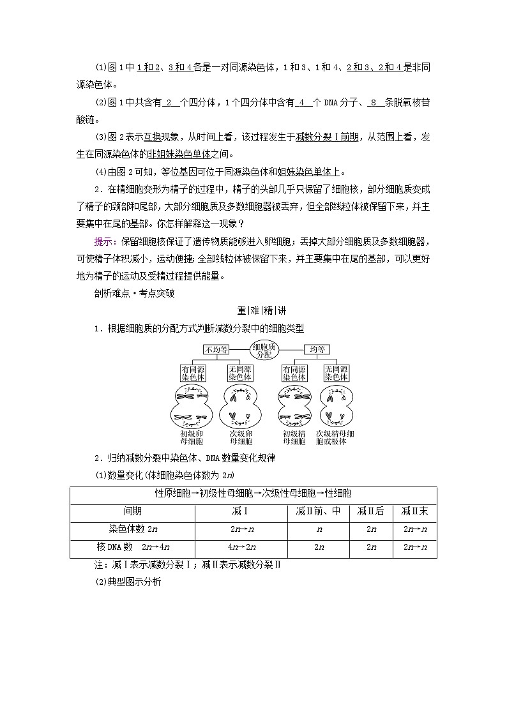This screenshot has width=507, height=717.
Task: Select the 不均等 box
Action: pyautogui.click(x=216, y=349)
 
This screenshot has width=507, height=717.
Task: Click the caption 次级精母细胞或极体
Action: pyautogui.click(x=335, y=437)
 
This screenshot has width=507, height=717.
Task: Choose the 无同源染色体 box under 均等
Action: pyautogui.click(x=336, y=373)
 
